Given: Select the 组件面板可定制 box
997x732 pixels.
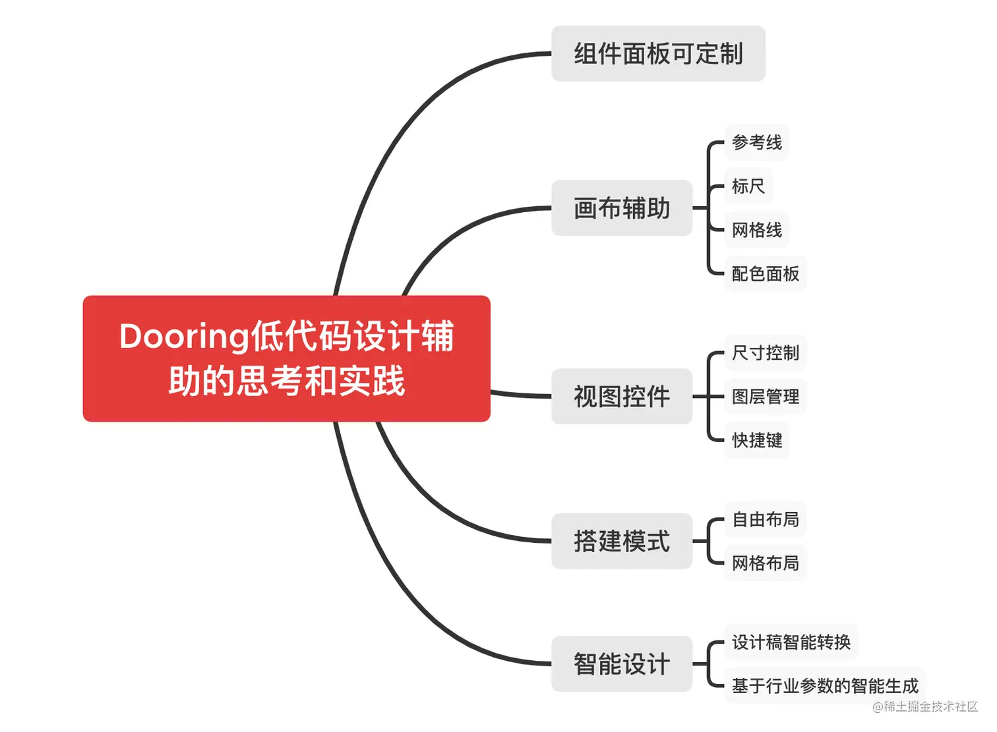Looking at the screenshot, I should point(657,54).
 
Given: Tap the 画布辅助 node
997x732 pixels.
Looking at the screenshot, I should point(621,208).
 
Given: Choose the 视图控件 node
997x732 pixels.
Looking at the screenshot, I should point(621,397).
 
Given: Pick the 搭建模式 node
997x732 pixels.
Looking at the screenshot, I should point(621,541).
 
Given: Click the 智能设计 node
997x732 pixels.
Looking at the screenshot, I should point(621,663).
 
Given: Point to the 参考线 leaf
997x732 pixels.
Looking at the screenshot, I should point(756,142).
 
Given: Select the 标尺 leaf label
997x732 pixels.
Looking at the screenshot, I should point(748,186).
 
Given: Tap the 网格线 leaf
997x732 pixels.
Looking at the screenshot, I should point(756,230).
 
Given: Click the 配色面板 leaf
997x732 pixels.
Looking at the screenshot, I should point(765,273).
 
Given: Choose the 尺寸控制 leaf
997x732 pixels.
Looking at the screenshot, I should point(765,353).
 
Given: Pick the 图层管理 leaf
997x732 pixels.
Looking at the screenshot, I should point(765,397).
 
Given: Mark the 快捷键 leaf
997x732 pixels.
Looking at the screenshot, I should point(756,440).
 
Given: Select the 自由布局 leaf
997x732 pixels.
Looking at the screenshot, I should point(765,520).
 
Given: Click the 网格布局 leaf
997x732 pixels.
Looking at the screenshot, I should point(765,563).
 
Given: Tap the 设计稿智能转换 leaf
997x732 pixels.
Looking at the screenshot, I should point(791,642).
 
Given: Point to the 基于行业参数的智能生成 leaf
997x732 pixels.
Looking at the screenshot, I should point(824,686).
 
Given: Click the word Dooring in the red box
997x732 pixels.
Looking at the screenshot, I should point(184,337).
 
